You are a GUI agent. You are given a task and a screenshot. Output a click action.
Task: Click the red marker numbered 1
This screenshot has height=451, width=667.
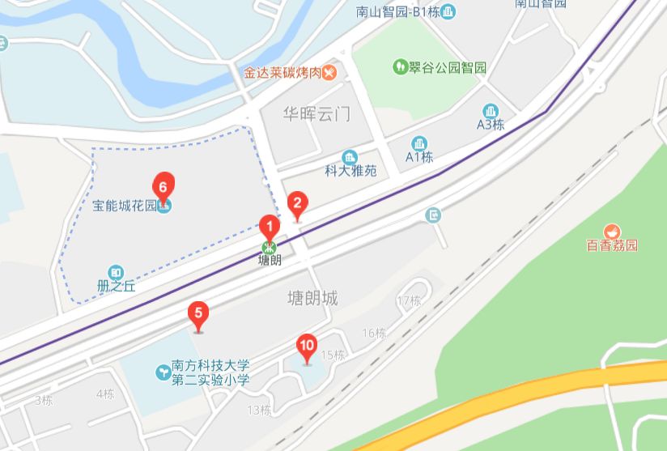point(269,227)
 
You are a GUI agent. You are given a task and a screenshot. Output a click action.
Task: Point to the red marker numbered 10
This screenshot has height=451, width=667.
point(307,347)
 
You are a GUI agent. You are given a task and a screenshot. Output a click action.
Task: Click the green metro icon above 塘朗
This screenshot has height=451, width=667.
point(269,247)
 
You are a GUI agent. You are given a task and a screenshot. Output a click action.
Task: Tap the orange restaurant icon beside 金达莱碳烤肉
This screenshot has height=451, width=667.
point(329,72)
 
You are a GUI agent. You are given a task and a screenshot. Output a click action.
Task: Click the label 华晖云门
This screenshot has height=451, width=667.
point(317,113)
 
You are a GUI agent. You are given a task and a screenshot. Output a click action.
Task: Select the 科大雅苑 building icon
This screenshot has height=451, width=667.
point(350,156)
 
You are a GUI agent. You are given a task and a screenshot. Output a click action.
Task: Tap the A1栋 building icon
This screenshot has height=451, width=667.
point(419,143)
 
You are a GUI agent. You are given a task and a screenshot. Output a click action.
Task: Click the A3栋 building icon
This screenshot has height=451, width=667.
point(490,111)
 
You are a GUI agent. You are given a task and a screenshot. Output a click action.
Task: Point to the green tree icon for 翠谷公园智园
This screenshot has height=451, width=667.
point(399,66)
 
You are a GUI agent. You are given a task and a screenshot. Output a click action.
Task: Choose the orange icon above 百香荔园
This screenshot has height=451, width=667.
point(612,231)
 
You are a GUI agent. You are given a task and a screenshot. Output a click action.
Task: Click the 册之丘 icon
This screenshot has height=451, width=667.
point(117,273)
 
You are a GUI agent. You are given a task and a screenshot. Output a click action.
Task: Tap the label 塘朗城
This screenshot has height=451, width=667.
point(312,299)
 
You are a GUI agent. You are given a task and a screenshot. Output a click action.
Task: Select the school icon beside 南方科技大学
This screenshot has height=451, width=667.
point(161,372)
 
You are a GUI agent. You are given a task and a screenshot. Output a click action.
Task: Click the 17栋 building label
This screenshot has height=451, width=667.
point(410,301)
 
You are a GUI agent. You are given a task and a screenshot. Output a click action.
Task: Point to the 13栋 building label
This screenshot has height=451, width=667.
point(259,410)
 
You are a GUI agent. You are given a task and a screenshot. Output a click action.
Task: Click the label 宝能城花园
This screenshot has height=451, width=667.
point(123,206)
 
